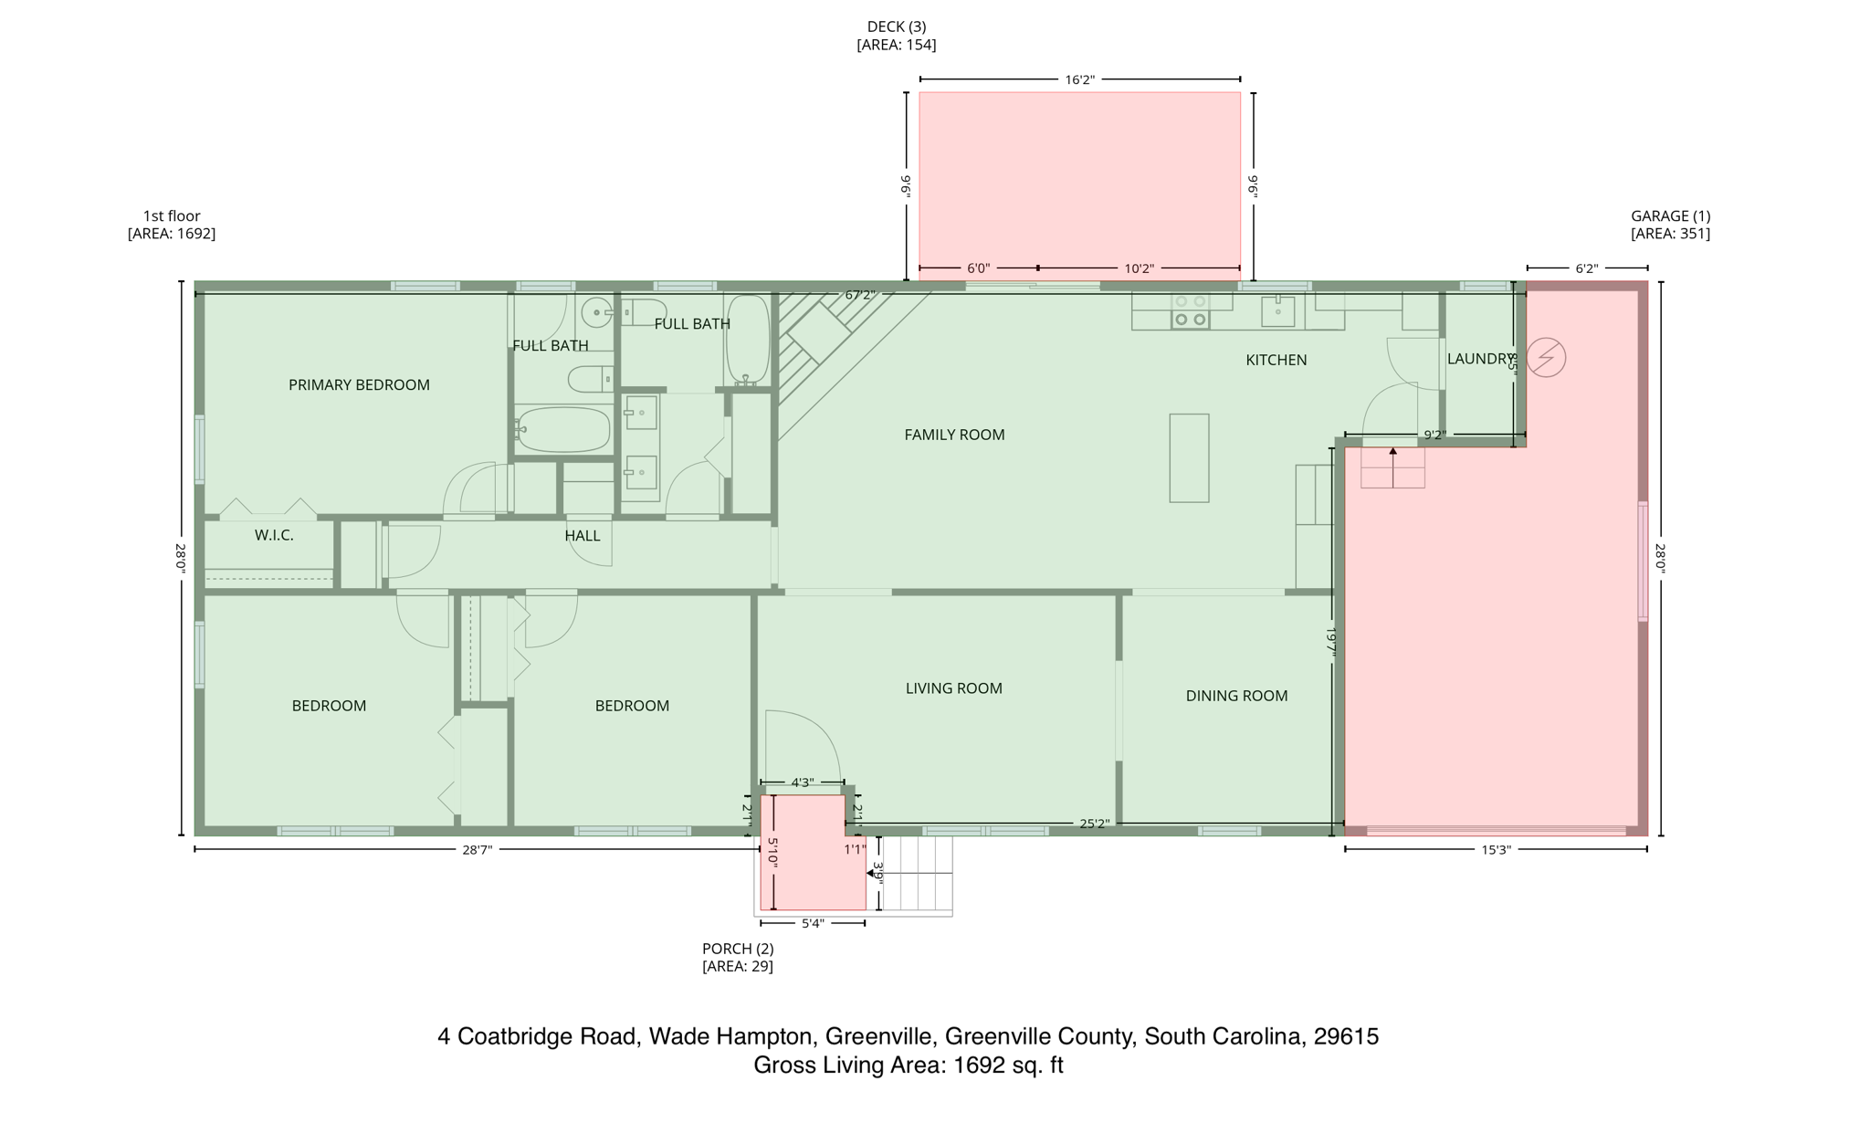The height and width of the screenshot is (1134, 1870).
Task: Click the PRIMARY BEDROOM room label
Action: point(359,384)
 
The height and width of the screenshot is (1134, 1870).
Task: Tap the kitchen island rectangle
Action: point(1189,457)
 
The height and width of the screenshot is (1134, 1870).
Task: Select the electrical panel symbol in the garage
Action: point(1546,357)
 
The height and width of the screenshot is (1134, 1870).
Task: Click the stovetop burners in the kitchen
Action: point(1190,310)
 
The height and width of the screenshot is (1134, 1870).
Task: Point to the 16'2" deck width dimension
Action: point(1079,79)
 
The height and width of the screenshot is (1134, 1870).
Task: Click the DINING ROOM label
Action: point(1236,696)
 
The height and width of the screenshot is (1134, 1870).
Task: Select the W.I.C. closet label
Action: point(274,535)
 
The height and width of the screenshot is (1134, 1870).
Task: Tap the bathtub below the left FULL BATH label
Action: point(563,429)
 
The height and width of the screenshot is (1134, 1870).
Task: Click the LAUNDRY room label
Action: point(1478,359)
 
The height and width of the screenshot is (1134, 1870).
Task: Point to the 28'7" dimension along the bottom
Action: point(477,850)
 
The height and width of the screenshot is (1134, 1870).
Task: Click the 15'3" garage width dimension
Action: point(1496,850)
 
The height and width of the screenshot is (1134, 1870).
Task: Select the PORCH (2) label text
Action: point(738,949)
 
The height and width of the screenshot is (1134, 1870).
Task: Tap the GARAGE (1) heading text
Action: point(1670,216)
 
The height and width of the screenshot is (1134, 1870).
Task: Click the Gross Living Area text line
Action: point(908,1066)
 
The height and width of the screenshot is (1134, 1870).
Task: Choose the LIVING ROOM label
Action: point(953,688)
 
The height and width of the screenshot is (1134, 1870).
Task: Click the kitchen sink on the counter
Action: point(1277,310)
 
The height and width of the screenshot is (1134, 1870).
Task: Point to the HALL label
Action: point(583,536)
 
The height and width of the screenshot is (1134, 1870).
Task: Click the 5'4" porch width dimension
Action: point(813,923)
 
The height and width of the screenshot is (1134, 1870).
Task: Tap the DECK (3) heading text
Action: point(896,27)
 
